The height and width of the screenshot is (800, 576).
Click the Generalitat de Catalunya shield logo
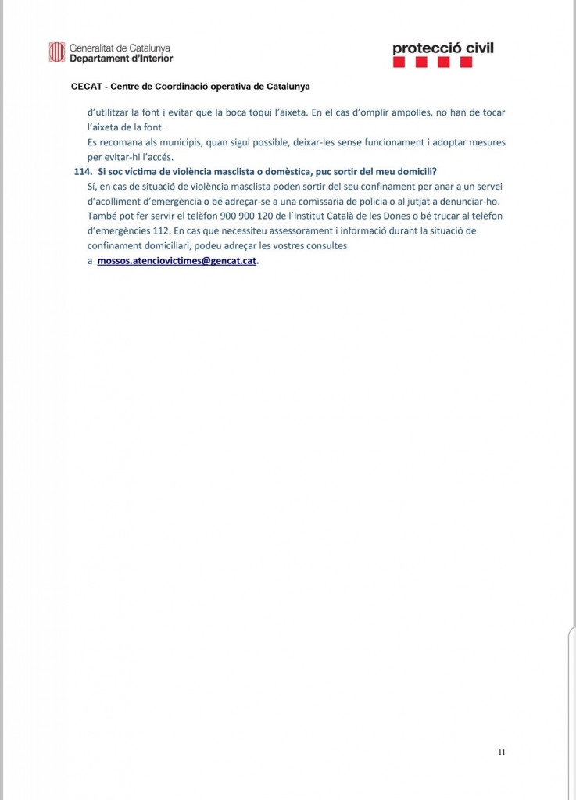click(56, 52)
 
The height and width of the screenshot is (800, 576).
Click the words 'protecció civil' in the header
click(443, 49)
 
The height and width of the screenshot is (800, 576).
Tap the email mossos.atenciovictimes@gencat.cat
click(177, 261)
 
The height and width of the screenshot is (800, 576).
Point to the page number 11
click(501, 752)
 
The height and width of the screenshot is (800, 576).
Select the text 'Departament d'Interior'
click(121, 59)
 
